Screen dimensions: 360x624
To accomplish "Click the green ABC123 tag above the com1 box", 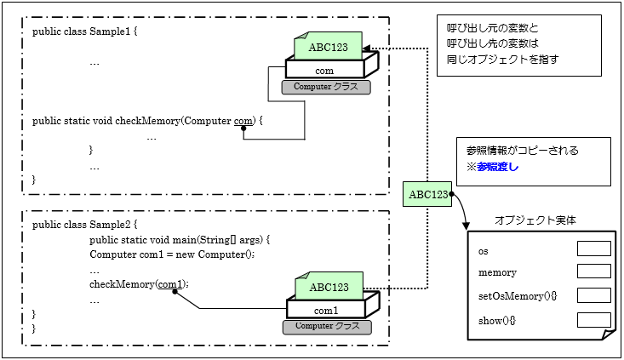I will point(329,287).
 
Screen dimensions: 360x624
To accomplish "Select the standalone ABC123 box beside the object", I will point(428,195).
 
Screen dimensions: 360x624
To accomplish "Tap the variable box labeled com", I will point(324,71).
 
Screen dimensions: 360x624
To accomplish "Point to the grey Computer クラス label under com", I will point(325,87).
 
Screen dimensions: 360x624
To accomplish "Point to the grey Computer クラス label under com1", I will point(327,326).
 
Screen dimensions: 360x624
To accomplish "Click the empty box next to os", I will point(593,249).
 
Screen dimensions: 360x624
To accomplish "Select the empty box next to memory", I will point(593,271).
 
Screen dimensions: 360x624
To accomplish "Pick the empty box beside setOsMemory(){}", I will point(593,294).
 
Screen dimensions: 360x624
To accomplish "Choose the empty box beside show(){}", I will point(593,319).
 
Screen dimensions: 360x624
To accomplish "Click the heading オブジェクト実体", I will point(535,220).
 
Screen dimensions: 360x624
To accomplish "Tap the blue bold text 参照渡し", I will point(498,167).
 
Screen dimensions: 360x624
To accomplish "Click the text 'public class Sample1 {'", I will point(84,31).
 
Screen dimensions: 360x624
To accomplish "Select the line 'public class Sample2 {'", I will point(84,225).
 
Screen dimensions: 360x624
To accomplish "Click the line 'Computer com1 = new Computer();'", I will point(172,254).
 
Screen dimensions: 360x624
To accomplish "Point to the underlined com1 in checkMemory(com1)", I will point(171,283).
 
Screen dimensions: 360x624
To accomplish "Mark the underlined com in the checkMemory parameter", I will point(243,121).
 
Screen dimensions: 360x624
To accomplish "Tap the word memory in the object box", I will point(498,272).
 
